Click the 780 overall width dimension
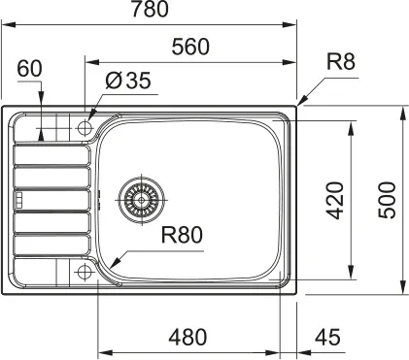150,9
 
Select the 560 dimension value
190,47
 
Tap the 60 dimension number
29,69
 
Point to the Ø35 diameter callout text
128,81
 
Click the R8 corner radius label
341,61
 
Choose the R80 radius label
182,235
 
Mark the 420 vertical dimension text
334,201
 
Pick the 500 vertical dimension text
387,201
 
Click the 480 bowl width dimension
187,338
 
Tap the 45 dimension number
327,338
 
